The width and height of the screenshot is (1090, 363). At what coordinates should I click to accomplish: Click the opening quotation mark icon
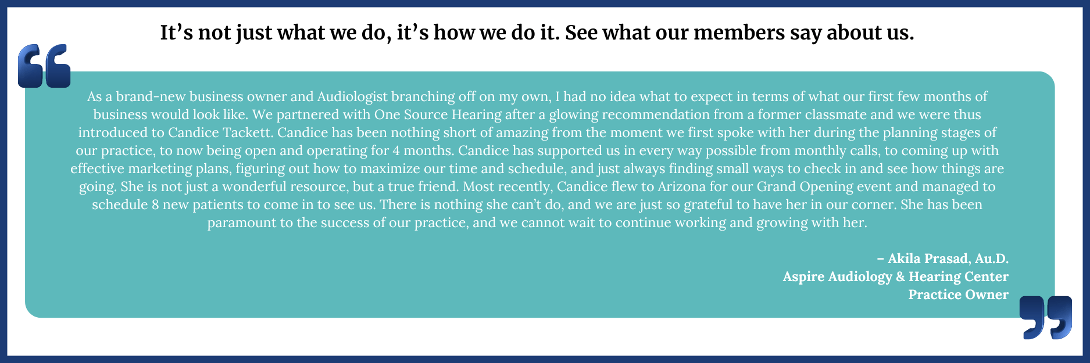tap(44, 66)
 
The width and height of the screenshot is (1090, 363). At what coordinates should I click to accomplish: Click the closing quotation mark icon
tap(1046, 317)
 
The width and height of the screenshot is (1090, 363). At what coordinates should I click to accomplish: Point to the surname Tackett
tap(249, 132)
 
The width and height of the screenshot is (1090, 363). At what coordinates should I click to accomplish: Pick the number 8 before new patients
tap(155, 204)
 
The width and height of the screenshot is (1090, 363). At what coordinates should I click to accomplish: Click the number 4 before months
tap(396, 150)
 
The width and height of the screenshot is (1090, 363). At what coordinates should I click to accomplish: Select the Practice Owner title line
tap(958, 294)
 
